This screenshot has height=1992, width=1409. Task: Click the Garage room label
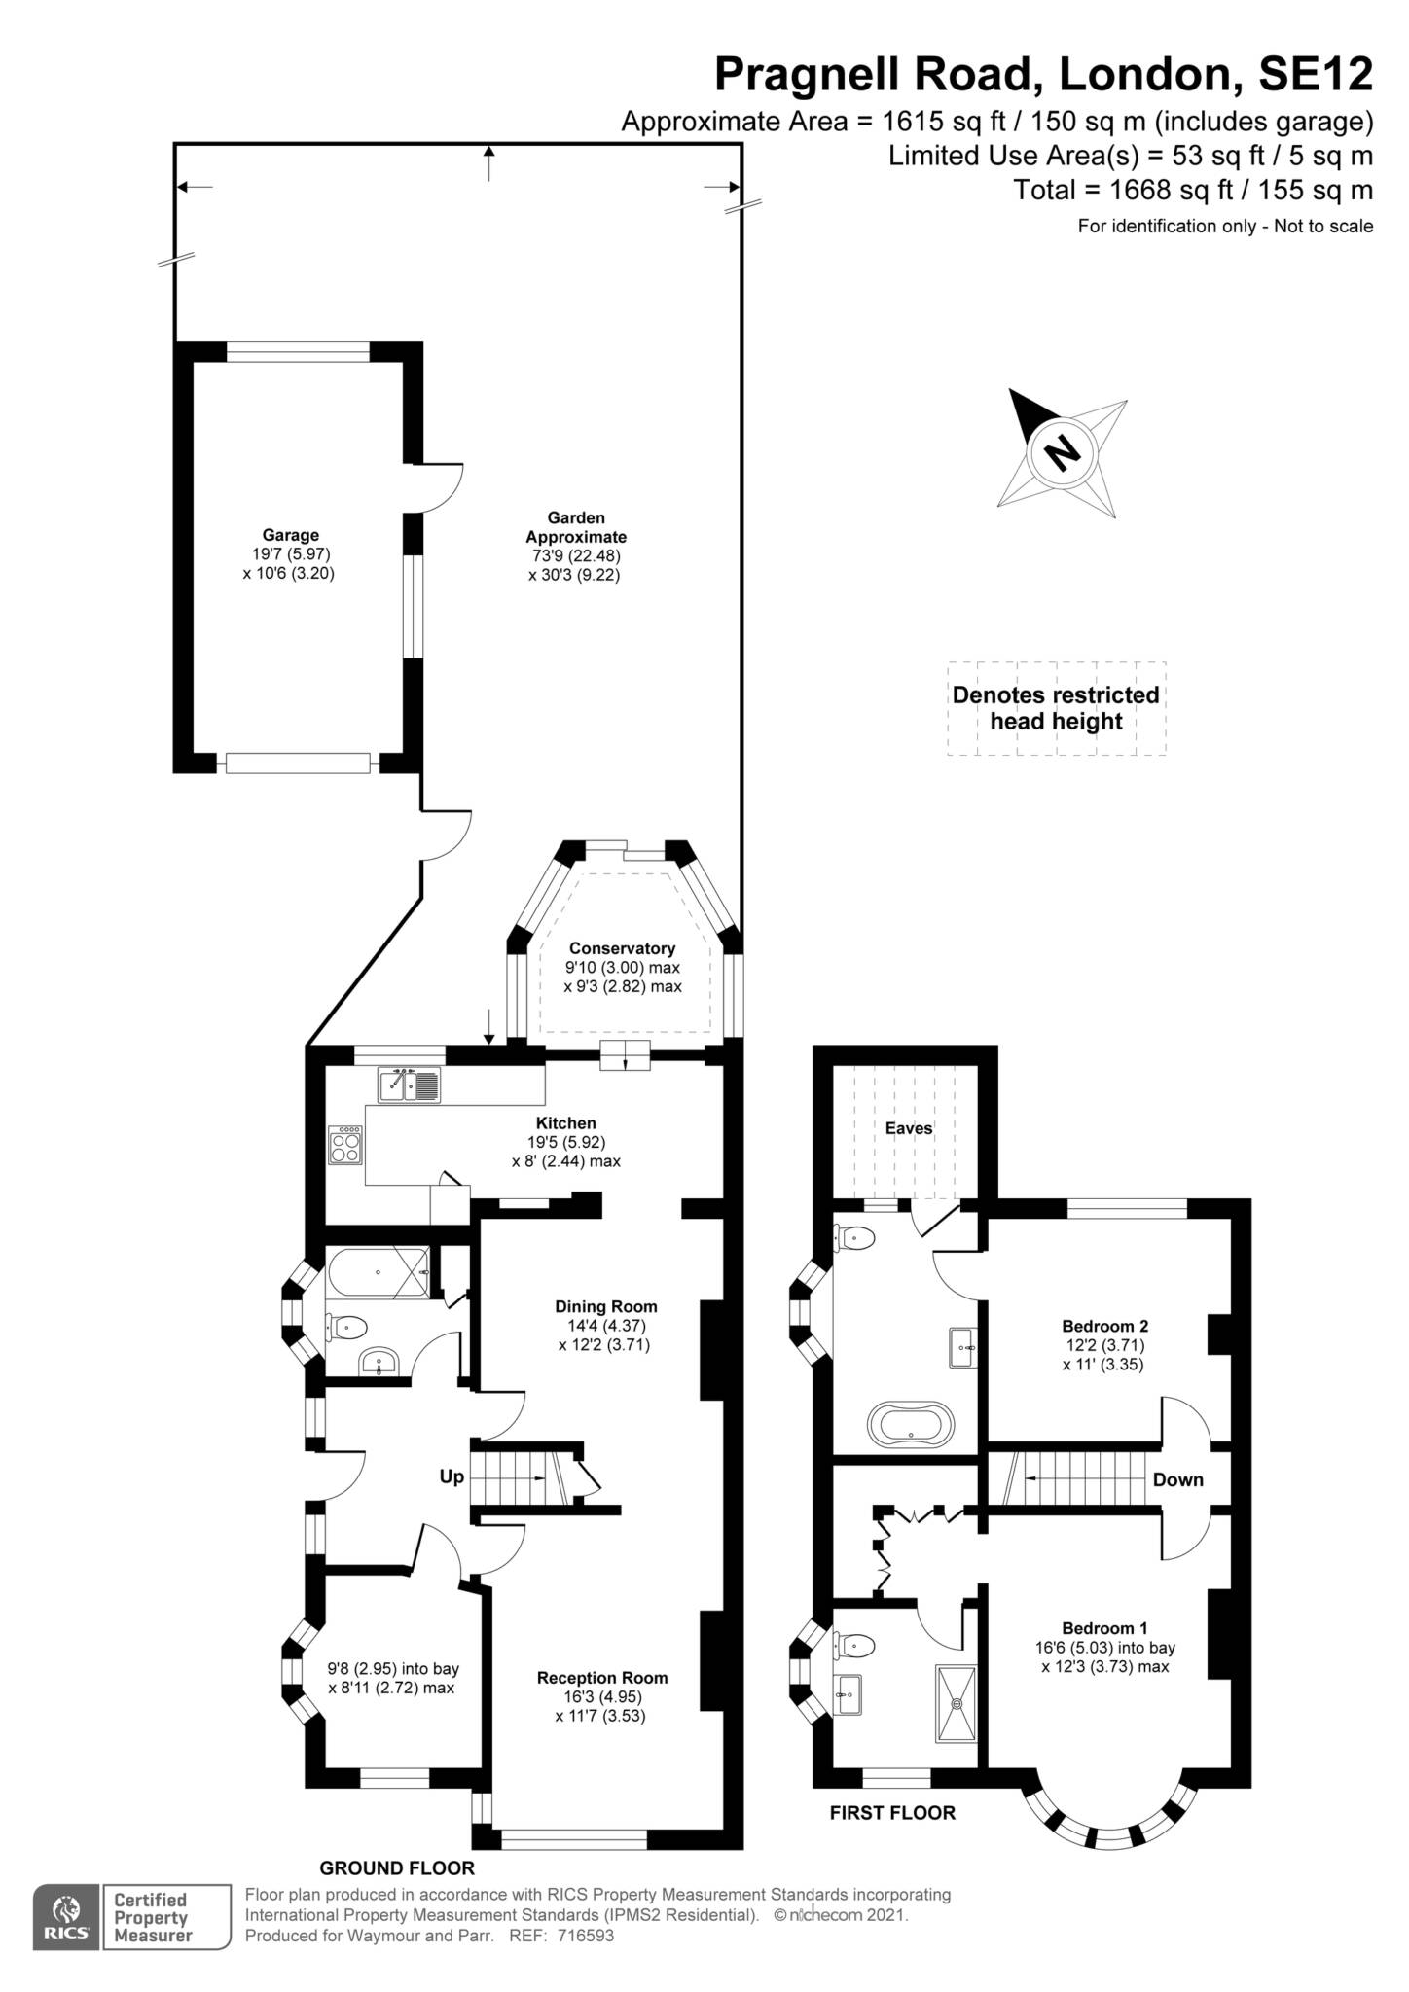[x=290, y=535]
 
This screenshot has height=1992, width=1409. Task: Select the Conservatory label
[x=622, y=948]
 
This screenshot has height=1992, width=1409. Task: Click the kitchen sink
[x=410, y=1085]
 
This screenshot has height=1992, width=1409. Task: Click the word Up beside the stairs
[x=452, y=1476]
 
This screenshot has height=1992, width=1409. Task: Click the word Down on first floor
[x=1177, y=1479]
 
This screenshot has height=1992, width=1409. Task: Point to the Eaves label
[x=908, y=1128]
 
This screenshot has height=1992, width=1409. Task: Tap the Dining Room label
[x=605, y=1306]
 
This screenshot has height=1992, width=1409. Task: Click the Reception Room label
[x=601, y=1677]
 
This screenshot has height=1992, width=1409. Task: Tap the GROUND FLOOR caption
[x=397, y=1867]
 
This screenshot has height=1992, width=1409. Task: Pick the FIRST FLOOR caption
[x=892, y=1812]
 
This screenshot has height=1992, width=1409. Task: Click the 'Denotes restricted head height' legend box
[x=1056, y=708]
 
